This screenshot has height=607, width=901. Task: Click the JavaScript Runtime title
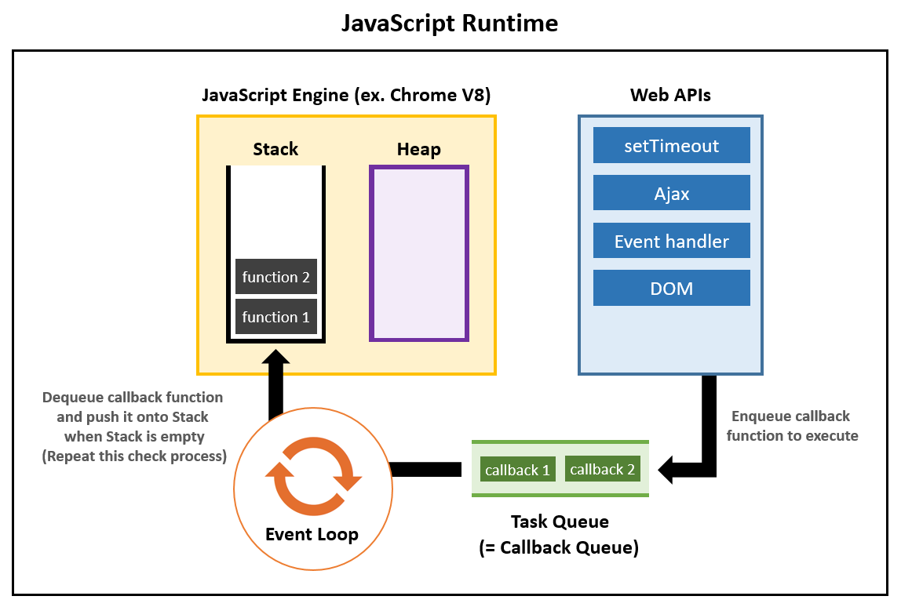click(x=450, y=24)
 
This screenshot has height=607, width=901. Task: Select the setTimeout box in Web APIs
click(x=672, y=146)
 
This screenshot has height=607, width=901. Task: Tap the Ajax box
click(x=672, y=193)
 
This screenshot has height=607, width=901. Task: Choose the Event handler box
click(x=672, y=242)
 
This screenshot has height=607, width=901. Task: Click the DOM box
click(x=672, y=289)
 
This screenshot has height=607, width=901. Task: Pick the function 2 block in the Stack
click(x=276, y=277)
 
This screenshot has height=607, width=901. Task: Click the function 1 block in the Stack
click(x=276, y=317)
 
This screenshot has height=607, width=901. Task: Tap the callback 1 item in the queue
click(x=517, y=470)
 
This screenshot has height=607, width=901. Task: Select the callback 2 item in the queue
click(x=602, y=469)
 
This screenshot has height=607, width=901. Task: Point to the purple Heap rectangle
click(x=419, y=253)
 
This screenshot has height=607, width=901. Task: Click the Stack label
click(x=275, y=149)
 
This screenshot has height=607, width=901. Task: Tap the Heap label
click(x=418, y=149)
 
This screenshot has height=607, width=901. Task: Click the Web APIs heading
click(x=671, y=96)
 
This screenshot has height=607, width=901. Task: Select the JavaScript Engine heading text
click(x=346, y=96)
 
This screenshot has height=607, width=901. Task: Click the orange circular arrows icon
click(x=312, y=475)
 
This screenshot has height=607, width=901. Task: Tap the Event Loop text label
click(x=312, y=535)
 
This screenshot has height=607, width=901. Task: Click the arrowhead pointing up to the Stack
click(x=275, y=360)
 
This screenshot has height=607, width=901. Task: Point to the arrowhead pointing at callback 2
click(x=669, y=470)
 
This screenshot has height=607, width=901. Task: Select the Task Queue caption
click(x=560, y=534)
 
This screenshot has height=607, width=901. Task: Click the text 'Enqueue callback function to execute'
click(x=792, y=426)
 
